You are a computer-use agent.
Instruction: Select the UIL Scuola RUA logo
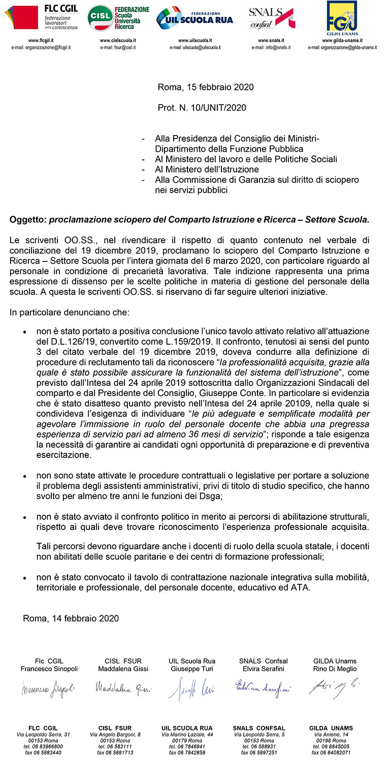195,19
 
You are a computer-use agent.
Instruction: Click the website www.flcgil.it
41,40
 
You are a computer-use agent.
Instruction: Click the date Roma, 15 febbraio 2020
206,87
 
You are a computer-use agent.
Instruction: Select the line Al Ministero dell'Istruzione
207,170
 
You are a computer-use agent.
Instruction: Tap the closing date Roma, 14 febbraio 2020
71,618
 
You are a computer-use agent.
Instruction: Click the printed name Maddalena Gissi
123,669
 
